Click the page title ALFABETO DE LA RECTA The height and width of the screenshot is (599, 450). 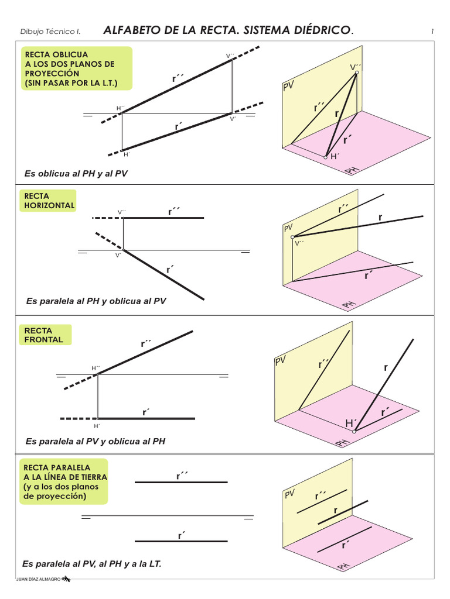tap(229, 30)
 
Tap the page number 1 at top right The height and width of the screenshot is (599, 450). tap(432, 31)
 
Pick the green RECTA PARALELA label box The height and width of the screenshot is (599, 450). tap(64, 482)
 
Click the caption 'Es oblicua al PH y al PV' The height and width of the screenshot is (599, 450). tap(76, 174)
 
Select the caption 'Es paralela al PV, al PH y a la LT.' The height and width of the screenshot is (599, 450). tap(91, 564)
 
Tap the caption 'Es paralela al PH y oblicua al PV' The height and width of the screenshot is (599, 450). tap(96, 301)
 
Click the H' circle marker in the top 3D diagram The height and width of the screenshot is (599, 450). tap(326, 157)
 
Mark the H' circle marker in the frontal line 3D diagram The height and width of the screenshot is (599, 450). tap(354, 431)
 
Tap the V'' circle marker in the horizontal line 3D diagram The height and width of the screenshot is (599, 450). tap(292, 237)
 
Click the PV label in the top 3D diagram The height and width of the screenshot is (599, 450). tap(288, 87)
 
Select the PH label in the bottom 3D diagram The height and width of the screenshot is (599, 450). tap(344, 566)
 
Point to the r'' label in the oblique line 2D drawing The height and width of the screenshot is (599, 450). tap(177, 78)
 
